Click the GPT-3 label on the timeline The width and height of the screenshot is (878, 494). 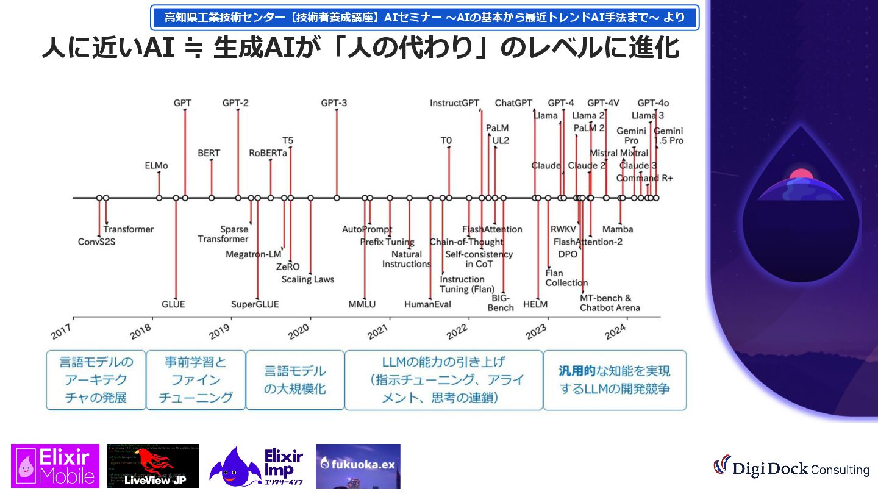(x=334, y=103)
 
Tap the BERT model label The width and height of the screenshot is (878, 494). (x=209, y=153)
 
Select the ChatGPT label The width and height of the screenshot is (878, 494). (x=513, y=103)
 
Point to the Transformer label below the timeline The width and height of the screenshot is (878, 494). (x=129, y=229)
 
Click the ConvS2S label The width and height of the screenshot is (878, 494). (x=96, y=242)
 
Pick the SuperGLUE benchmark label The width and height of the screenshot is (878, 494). (x=255, y=304)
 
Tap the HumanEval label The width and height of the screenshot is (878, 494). (x=427, y=304)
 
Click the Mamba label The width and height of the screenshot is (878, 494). (x=618, y=229)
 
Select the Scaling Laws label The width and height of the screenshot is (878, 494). (x=308, y=279)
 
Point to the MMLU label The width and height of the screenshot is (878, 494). (x=362, y=304)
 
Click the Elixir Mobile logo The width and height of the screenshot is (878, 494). (x=55, y=466)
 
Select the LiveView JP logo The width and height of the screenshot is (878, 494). (x=153, y=466)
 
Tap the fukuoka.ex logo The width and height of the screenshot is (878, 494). (x=358, y=466)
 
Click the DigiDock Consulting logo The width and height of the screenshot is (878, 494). (x=791, y=468)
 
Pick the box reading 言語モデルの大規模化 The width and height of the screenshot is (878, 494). (x=295, y=380)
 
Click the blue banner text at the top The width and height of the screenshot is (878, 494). (x=424, y=18)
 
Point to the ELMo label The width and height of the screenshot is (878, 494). (x=157, y=165)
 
